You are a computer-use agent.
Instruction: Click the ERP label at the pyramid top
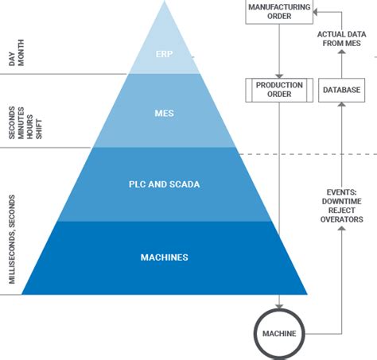point(164,54)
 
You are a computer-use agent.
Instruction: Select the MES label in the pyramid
point(165,114)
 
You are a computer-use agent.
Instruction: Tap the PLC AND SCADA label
point(165,184)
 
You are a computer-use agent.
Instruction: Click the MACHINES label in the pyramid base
point(165,257)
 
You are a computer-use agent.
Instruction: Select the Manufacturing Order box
point(279,12)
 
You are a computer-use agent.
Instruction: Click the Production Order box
point(279,90)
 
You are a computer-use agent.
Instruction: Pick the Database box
point(341,90)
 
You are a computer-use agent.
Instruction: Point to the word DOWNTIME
point(341,201)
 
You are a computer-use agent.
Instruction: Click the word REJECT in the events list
point(341,211)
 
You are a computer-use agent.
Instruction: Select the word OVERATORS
point(341,219)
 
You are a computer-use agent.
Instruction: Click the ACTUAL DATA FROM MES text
point(341,39)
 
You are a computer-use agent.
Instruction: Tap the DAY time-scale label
point(12,59)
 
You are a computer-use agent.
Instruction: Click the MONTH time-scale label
point(21,52)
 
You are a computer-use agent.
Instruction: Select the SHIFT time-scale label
point(39,129)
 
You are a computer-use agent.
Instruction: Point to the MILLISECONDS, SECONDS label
point(12,239)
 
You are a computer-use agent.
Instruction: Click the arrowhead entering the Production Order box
point(279,76)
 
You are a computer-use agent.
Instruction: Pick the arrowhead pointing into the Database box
point(342,104)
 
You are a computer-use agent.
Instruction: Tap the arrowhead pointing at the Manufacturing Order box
point(315,12)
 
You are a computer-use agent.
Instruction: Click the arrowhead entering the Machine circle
point(279,307)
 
